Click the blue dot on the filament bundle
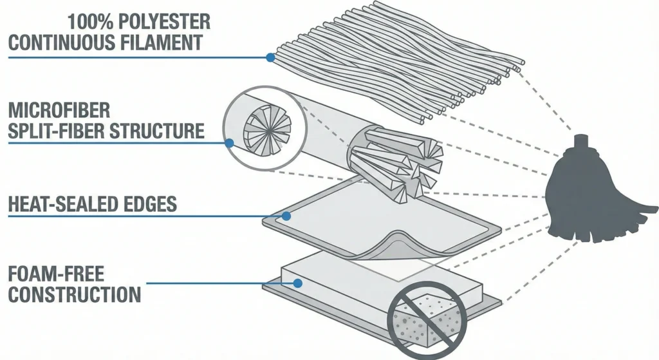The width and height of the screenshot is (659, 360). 270,57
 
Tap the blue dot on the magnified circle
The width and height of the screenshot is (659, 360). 230,144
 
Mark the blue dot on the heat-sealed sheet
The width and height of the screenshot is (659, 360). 286,216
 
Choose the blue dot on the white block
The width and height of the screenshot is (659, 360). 297,283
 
